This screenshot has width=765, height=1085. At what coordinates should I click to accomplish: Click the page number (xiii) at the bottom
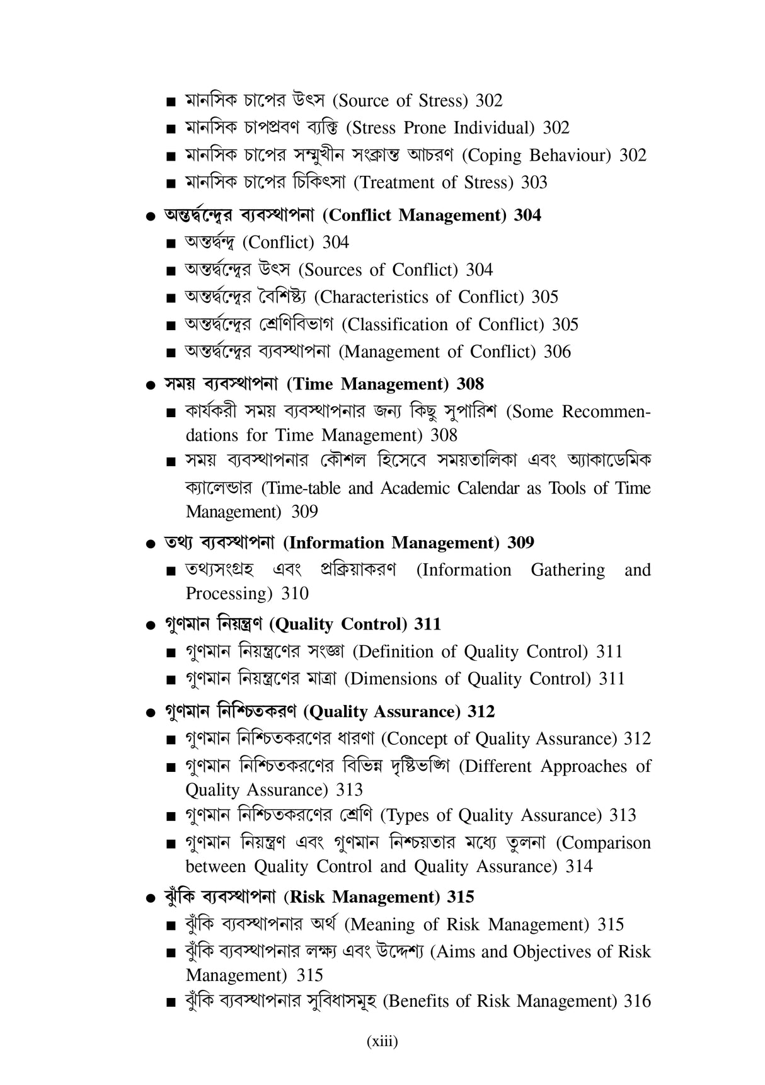pyautogui.click(x=382, y=1042)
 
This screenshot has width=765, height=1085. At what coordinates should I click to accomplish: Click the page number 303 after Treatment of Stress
pyautogui.click(x=534, y=183)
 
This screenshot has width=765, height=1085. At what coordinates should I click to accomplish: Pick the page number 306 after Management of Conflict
pyautogui.click(x=557, y=352)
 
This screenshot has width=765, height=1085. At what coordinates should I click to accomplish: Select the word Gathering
pyautogui.click(x=567, y=570)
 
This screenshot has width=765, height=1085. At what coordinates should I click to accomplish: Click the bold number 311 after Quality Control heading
pyautogui.click(x=427, y=624)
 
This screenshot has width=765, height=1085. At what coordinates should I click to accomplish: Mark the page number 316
pyautogui.click(x=637, y=1001)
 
